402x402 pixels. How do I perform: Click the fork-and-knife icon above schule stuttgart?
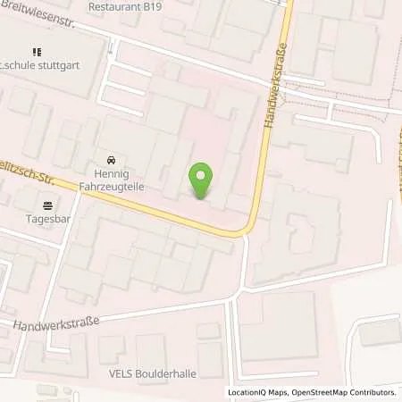[x=37, y=53]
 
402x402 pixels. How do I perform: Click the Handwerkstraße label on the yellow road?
[x=275, y=89]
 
